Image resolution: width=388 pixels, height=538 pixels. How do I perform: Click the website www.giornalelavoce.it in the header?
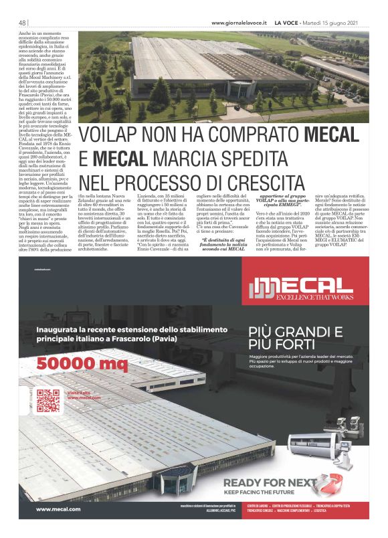pyautogui.click(x=239, y=23)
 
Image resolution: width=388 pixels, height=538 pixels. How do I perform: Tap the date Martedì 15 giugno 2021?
pyautogui.click(x=335, y=23)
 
